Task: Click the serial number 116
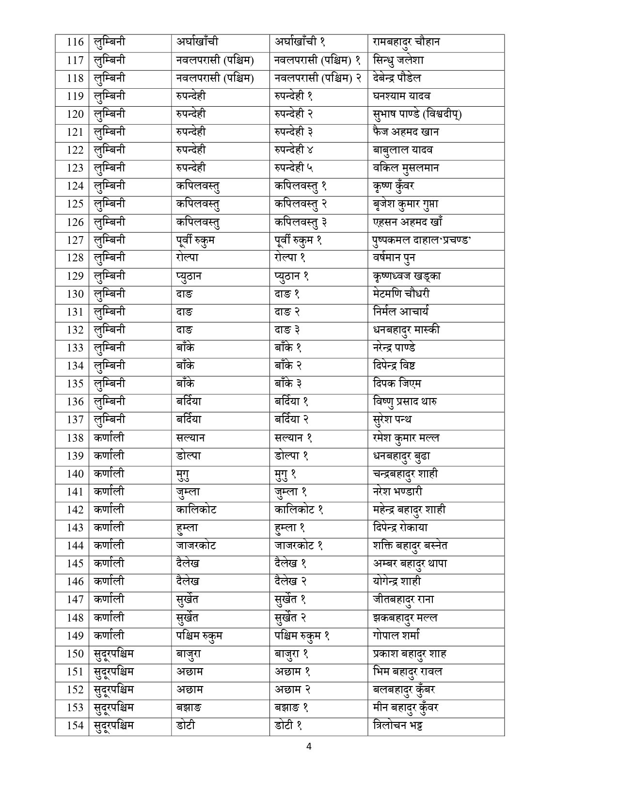75,42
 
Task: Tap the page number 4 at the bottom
309,747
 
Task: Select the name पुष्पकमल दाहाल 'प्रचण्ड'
419,240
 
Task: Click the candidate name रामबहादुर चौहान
406,42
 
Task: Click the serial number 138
75,438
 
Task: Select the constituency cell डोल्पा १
291,456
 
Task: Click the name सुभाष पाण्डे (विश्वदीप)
417,114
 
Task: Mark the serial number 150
75,654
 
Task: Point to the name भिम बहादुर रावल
407,672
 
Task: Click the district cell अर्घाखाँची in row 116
200,42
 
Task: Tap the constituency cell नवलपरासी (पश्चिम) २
317,78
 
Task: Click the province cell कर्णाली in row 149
109,636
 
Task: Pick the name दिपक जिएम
394,384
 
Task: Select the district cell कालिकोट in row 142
196,510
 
